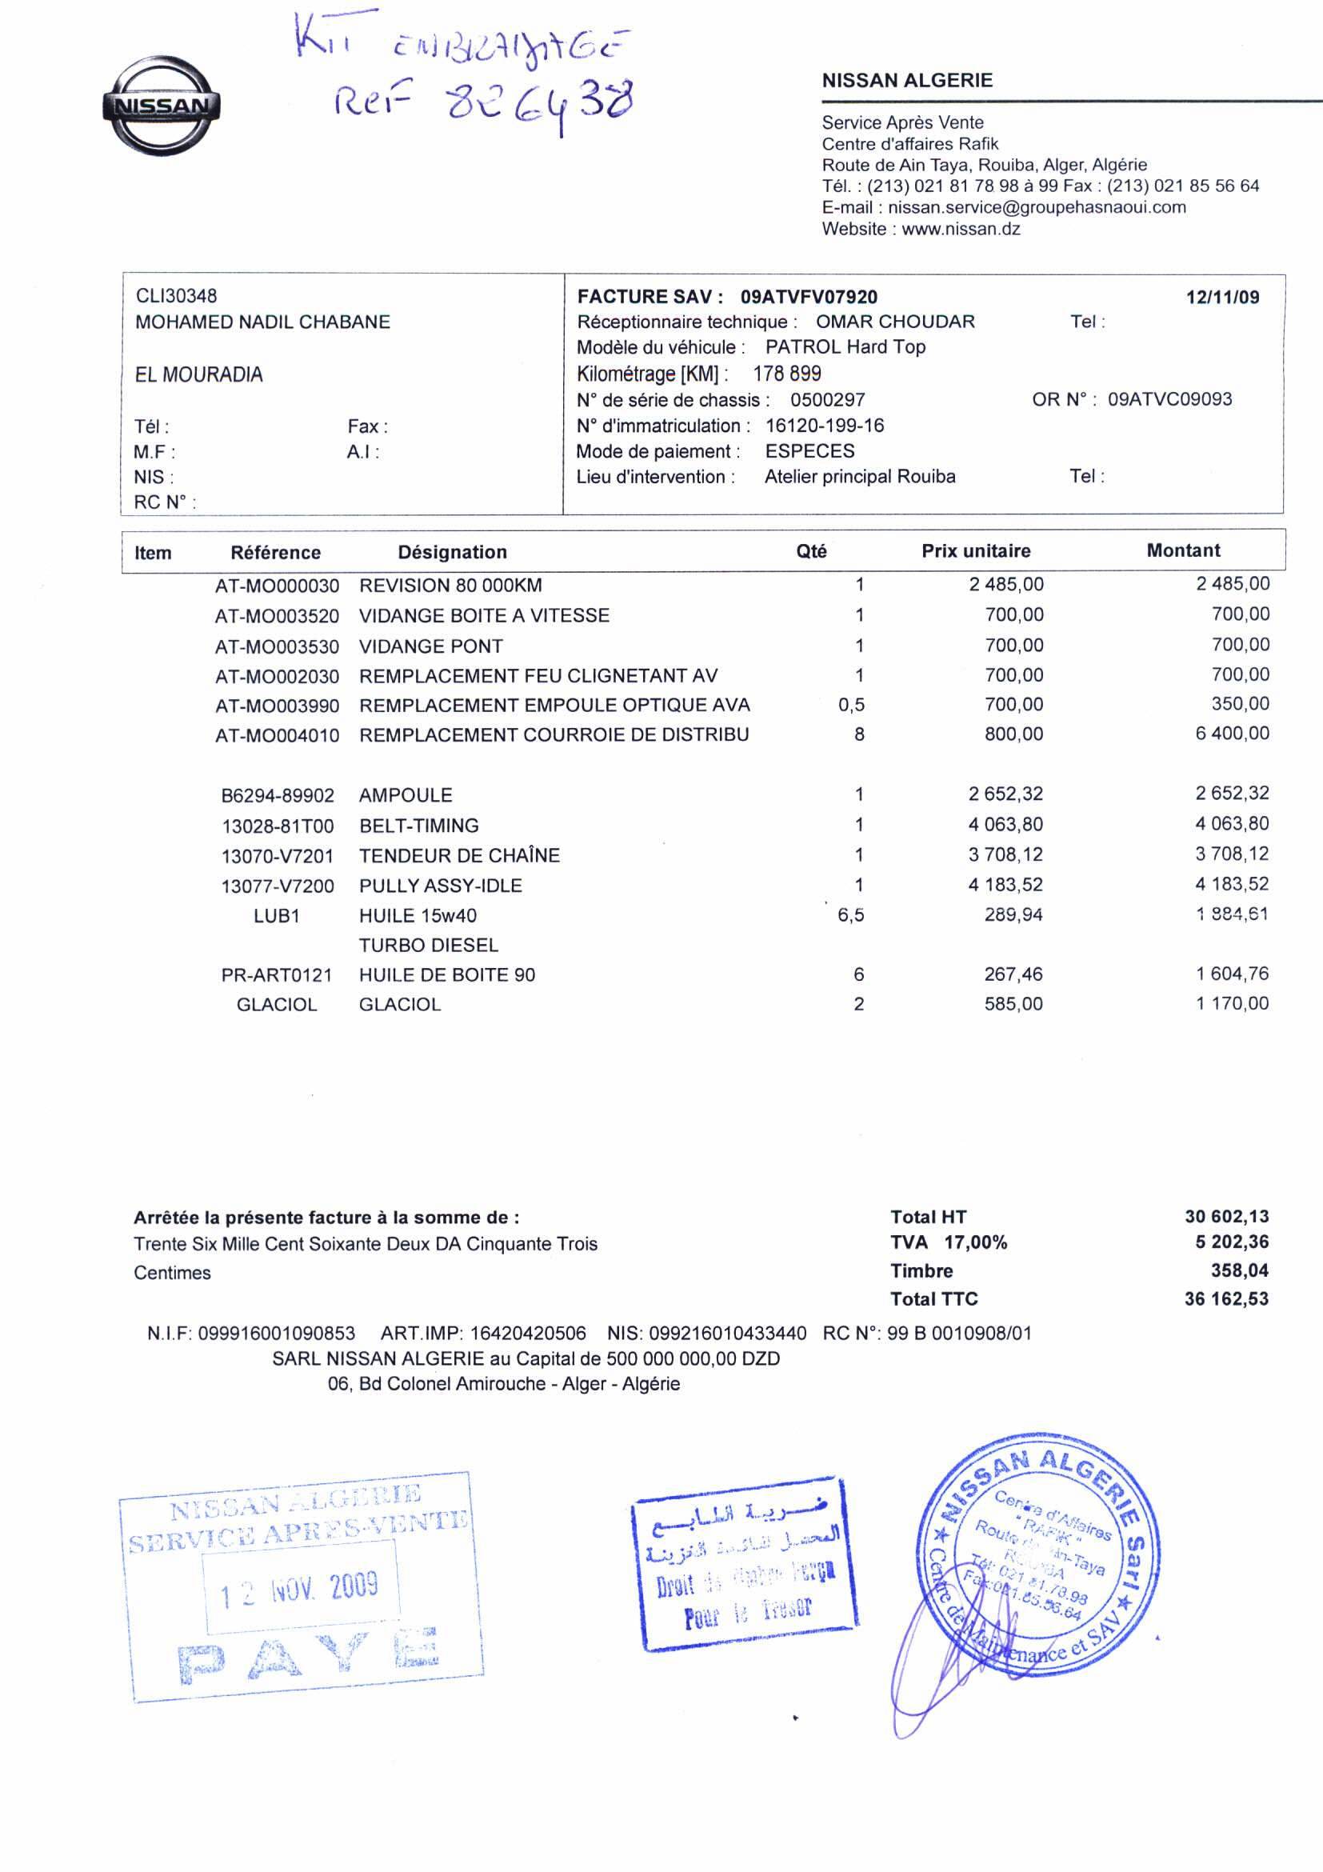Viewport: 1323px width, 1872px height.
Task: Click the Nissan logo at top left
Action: tap(162, 106)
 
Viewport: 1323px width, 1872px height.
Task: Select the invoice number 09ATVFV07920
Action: tap(809, 297)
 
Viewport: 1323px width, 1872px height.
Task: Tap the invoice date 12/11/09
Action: tap(1222, 297)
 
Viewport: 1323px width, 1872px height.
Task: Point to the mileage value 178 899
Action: tap(786, 374)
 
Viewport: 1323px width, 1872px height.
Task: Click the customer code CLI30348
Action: tap(176, 296)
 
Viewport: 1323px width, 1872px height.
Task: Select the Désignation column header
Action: tap(453, 552)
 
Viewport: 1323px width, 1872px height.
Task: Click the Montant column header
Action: tap(1183, 550)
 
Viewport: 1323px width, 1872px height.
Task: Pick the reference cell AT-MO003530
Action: tap(277, 646)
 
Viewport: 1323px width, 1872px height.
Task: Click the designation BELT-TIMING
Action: tap(419, 825)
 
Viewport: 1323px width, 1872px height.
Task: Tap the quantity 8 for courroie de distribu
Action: tap(859, 734)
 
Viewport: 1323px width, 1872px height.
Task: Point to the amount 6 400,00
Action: tap(1232, 733)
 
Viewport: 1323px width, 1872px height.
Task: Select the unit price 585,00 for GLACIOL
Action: tap(1013, 1004)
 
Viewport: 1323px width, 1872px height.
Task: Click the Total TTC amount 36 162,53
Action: tap(1226, 1299)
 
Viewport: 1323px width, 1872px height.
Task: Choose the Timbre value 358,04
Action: tap(1239, 1270)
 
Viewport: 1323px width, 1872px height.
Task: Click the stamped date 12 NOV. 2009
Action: tap(300, 1590)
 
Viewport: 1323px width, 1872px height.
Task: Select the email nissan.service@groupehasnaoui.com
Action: tap(1037, 207)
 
